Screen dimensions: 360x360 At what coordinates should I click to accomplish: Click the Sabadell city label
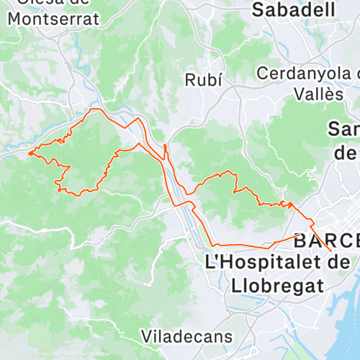click(x=293, y=9)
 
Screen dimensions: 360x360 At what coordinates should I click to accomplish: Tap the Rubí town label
click(x=203, y=79)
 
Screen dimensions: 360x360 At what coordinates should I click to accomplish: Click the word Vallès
click(x=318, y=94)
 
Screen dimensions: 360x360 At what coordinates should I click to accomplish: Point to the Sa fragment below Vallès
click(x=343, y=130)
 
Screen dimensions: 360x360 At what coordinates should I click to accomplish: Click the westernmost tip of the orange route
click(x=29, y=153)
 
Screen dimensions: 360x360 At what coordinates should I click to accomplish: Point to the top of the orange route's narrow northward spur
click(x=165, y=145)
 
